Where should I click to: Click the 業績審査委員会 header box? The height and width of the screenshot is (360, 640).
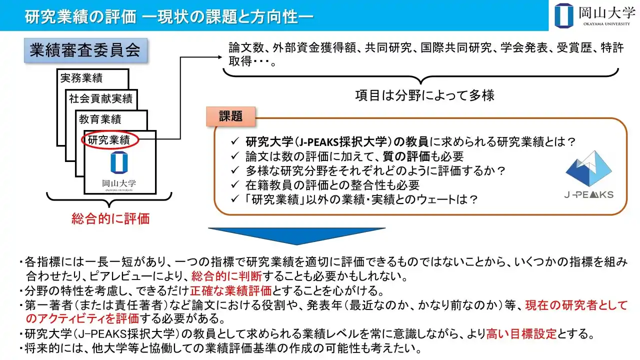pyautogui.click(x=85, y=50)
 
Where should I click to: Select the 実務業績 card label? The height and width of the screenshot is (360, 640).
pyautogui.click(x=81, y=77)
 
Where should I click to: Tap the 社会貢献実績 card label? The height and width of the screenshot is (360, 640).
pyautogui.click(x=101, y=98)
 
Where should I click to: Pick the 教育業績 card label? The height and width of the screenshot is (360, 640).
pyautogui.click(x=100, y=119)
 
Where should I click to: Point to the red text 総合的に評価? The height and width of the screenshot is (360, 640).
pyautogui.click(x=110, y=219)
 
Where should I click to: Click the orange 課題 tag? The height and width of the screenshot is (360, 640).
pyautogui.click(x=231, y=116)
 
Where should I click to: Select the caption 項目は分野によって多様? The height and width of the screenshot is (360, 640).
pyautogui.click(x=424, y=95)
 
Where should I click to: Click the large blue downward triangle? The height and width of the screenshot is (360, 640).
pyautogui.click(x=296, y=236)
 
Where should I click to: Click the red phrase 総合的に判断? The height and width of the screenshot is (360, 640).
pyautogui.click(x=226, y=276)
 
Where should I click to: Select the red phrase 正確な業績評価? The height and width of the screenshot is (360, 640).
pyautogui.click(x=231, y=291)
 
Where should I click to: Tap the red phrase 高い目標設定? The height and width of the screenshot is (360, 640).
pyautogui.click(x=521, y=333)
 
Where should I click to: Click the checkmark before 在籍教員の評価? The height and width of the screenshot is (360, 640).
pyautogui.click(x=235, y=185)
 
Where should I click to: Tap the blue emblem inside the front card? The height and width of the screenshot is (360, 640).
pyautogui.click(x=119, y=162)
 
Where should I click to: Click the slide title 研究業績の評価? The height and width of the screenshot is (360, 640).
pyautogui.click(x=80, y=17)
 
